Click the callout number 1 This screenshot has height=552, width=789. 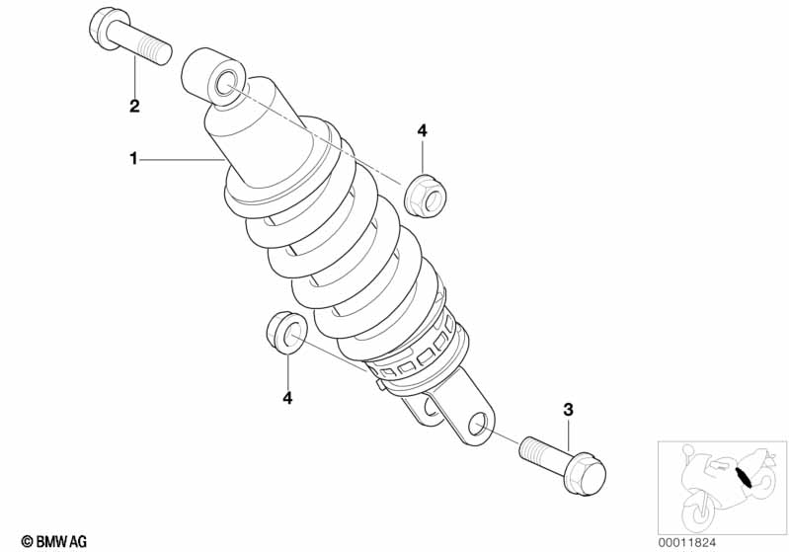click(133, 159)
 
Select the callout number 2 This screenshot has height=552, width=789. click(134, 107)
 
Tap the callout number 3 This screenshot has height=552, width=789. click(568, 410)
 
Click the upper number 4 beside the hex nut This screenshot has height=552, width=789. click(422, 130)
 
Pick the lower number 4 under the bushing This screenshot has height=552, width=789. click(287, 398)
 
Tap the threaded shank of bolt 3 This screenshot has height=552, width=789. click(542, 454)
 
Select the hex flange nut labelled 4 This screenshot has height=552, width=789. click(428, 198)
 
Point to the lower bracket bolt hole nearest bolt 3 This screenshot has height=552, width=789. click(479, 425)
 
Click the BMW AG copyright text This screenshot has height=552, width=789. click(54, 541)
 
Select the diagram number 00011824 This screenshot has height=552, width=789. click(686, 542)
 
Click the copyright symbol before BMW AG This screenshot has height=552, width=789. click(27, 542)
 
